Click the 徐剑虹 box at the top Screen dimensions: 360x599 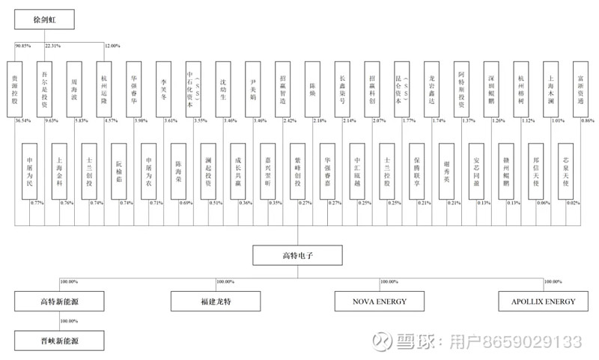[45, 19]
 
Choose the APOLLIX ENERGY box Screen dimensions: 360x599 [544, 302]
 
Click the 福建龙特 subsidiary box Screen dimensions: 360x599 [216, 302]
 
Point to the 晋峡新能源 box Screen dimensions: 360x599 [59, 340]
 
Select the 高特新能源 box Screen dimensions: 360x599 [59, 302]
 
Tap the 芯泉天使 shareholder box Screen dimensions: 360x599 [566, 171]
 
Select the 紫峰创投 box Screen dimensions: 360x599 [297, 171]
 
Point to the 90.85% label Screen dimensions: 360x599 [23, 46]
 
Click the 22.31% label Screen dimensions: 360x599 [53, 46]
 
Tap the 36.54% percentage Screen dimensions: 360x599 [22, 120]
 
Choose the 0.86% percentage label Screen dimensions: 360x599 [588, 120]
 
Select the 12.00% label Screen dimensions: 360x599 [112, 46]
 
